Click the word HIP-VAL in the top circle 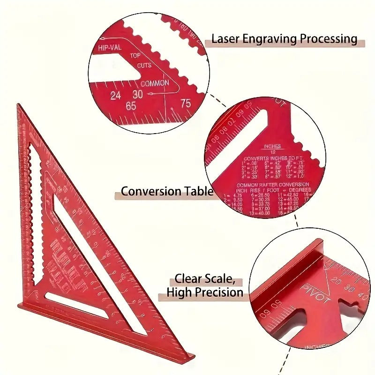pyautogui.click(x=110, y=48)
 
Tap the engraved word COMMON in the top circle pyautogui.click(x=155, y=83)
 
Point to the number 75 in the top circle pyautogui.click(x=186, y=104)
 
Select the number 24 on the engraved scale pyautogui.click(x=115, y=96)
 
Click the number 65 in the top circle pyautogui.click(x=131, y=106)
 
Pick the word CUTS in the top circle pyautogui.click(x=144, y=66)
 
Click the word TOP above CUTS pyautogui.click(x=135, y=56)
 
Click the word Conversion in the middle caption pyautogui.click(x=151, y=191)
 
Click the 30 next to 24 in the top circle pyautogui.click(x=137, y=94)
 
